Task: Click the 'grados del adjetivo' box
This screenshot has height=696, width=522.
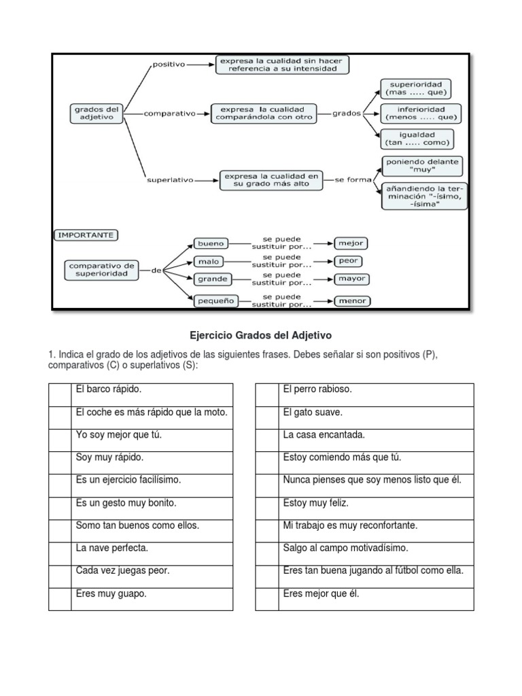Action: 96,113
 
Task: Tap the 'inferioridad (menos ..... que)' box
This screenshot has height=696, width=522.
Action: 421,113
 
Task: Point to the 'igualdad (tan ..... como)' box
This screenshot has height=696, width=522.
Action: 417,139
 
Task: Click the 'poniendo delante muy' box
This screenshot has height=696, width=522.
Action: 423,167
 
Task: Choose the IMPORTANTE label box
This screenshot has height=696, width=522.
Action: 86,235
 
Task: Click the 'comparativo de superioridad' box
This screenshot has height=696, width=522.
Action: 102,270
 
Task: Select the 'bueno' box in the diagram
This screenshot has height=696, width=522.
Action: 211,243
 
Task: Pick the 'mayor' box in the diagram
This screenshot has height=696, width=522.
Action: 351,279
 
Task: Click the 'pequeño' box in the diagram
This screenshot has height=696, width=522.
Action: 215,300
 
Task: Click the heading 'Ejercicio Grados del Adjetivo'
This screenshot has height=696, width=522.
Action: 260,336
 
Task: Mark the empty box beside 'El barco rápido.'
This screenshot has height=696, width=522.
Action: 60,395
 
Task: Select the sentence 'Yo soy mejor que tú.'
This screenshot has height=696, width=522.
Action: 119,435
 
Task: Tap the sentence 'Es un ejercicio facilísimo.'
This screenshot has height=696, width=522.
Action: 128,480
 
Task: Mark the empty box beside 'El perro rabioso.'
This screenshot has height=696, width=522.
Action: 266,395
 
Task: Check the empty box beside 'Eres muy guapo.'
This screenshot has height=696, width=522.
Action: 60,599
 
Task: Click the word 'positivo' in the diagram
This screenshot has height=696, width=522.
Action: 169,65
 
